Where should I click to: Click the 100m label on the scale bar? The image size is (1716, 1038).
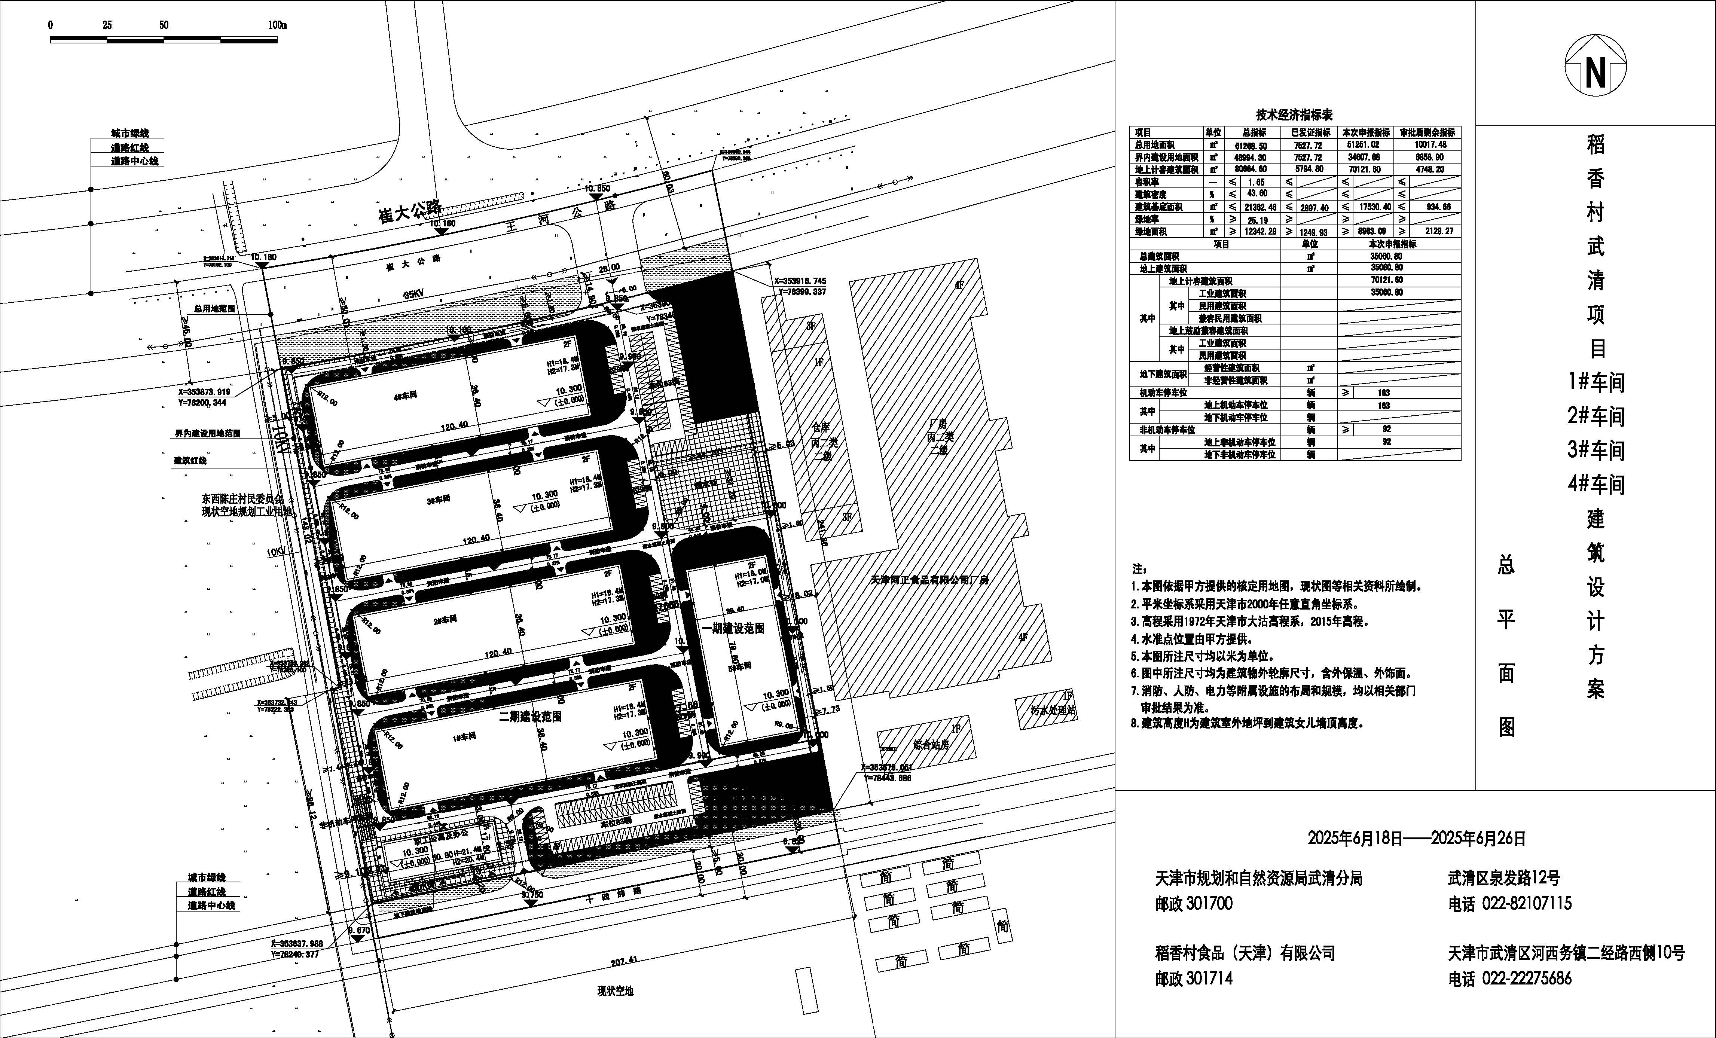tap(277, 25)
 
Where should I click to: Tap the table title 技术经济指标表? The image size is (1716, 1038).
tap(1294, 115)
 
